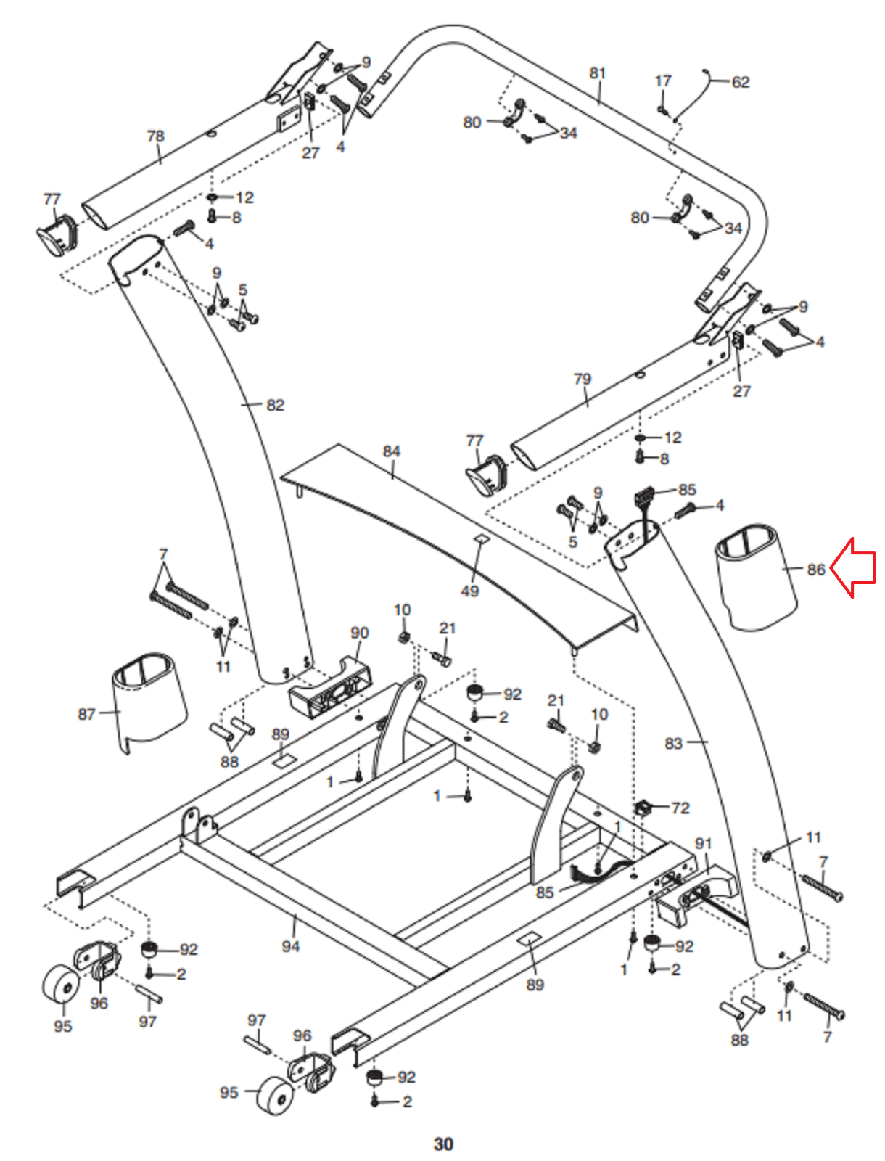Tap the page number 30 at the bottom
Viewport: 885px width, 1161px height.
(x=443, y=1144)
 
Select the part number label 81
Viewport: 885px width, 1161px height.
(x=597, y=73)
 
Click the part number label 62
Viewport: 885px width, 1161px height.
(x=740, y=82)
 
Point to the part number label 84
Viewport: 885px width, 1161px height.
(x=391, y=451)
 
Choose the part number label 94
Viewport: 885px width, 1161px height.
(x=291, y=946)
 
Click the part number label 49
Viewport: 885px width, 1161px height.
(x=470, y=591)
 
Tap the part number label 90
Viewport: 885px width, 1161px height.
(x=360, y=633)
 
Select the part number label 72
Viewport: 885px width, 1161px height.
(x=680, y=808)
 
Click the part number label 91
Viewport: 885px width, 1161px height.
(x=704, y=843)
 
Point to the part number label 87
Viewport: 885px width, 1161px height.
(x=86, y=714)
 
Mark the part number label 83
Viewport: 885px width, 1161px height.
(x=674, y=743)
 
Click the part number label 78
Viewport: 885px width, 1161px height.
(x=155, y=136)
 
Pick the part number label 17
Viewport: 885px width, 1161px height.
(x=663, y=81)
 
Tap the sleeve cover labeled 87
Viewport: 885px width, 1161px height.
(x=149, y=700)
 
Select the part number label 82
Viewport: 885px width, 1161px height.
(x=276, y=405)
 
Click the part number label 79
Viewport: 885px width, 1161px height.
(x=582, y=379)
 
